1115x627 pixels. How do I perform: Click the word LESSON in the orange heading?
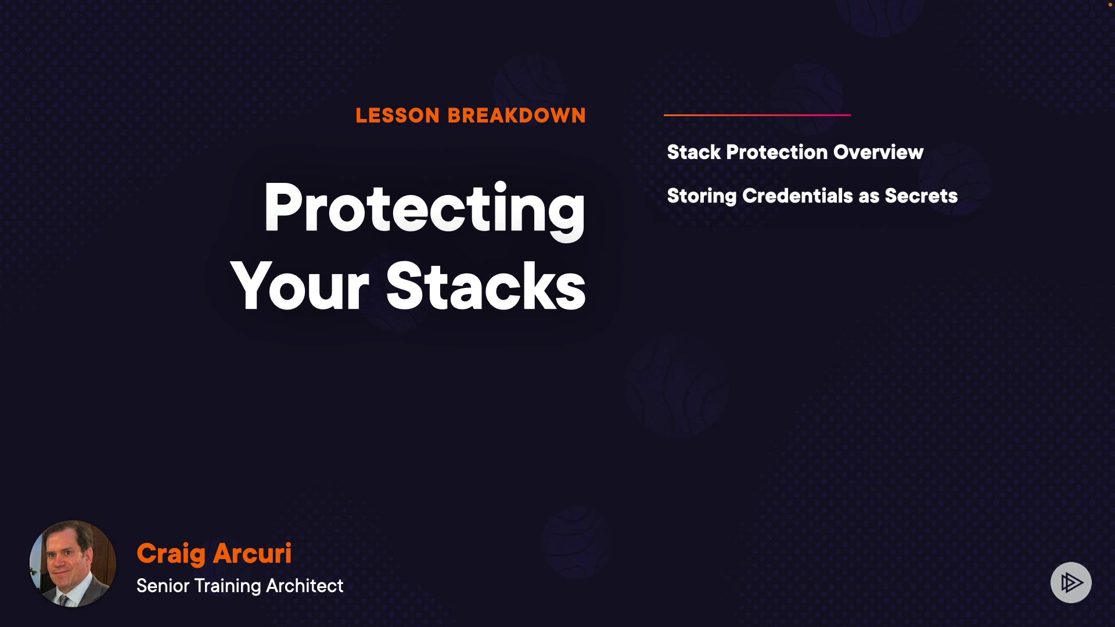[398, 116]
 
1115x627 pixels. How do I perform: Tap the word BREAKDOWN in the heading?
[517, 116]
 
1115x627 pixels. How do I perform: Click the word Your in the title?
[300, 286]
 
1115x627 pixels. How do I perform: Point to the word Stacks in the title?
[486, 286]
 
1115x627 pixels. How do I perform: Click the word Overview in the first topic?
[878, 152]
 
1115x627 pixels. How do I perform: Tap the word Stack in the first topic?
[694, 152]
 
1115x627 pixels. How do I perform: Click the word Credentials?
[799, 196]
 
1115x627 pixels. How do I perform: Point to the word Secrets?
[922, 196]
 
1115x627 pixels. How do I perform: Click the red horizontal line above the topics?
[757, 115]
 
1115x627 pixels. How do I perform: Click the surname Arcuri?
[253, 553]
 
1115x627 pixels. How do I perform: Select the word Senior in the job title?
[163, 586]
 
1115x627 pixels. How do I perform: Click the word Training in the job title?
[228, 586]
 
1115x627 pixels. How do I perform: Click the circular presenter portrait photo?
[73, 564]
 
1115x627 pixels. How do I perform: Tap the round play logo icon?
[1071, 582]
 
